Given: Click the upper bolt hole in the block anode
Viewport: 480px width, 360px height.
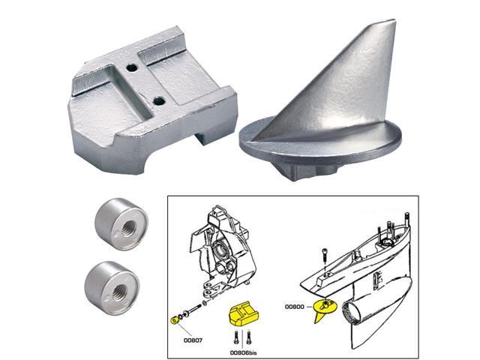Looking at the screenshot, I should coord(134,67).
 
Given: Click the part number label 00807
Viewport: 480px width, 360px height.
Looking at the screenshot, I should coord(184,338).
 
